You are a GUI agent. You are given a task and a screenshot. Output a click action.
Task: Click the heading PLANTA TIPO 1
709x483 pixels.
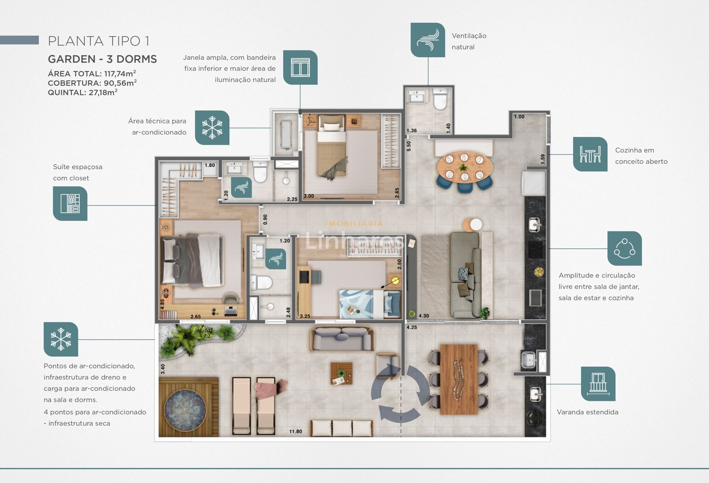pyautogui.click(x=99, y=41)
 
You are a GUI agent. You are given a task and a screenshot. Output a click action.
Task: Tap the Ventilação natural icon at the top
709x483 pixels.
pyautogui.click(x=428, y=40)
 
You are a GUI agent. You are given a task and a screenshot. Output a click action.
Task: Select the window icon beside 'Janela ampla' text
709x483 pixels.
pyautogui.click(x=300, y=68)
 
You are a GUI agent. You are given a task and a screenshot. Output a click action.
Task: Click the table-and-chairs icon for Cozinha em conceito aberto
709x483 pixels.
pyautogui.click(x=590, y=154)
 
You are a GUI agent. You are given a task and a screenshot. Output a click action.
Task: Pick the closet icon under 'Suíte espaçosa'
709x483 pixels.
pyautogui.click(x=70, y=203)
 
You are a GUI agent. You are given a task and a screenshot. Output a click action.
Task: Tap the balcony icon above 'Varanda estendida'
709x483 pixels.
pyautogui.click(x=598, y=384)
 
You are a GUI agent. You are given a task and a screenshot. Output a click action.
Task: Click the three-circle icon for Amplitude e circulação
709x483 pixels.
pyautogui.click(x=624, y=249)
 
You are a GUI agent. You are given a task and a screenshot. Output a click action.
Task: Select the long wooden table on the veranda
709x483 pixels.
pyautogui.click(x=459, y=379)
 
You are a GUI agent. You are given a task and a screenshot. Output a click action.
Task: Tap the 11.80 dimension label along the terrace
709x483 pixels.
pyautogui.click(x=295, y=431)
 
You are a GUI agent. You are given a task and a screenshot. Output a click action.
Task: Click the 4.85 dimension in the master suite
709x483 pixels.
pyautogui.click(x=162, y=304)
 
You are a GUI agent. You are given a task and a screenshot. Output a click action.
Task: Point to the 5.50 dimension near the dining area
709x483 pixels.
pyautogui.click(x=409, y=146)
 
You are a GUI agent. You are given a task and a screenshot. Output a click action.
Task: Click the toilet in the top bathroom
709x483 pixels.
pyautogui.click(x=440, y=99)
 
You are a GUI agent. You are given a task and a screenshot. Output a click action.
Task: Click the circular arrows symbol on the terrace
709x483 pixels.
pyautogui.click(x=400, y=393)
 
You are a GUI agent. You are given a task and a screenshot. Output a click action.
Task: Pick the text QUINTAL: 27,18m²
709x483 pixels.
pyautogui.click(x=83, y=93)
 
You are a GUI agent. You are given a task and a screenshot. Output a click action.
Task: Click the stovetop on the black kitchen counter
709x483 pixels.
pyautogui.click(x=535, y=249)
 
